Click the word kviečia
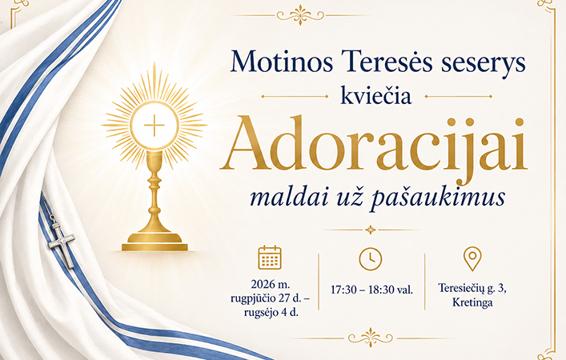(x=376, y=96)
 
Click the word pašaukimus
(x=438, y=198)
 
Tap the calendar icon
(x=270, y=258)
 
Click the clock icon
(x=371, y=258)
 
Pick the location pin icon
(x=472, y=258)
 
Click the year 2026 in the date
(x=263, y=284)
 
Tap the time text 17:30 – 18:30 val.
(x=371, y=290)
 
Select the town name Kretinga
(x=472, y=302)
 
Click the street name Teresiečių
(x=460, y=288)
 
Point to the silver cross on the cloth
(x=62, y=242)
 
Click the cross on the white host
(x=155, y=126)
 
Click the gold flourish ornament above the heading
(x=300, y=14)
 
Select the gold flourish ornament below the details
(x=371, y=338)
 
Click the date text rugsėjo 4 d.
(x=271, y=312)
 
